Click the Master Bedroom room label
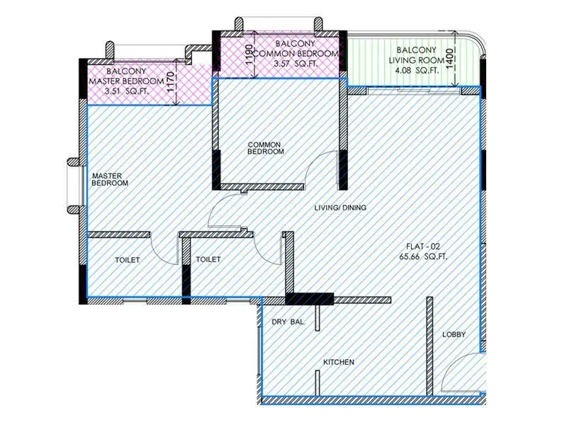(110, 178)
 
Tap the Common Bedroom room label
(266, 148)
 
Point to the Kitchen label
(339, 363)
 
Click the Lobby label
(454, 335)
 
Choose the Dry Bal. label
(288, 322)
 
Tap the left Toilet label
(128, 260)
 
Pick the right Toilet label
(208, 260)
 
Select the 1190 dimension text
(248, 55)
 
